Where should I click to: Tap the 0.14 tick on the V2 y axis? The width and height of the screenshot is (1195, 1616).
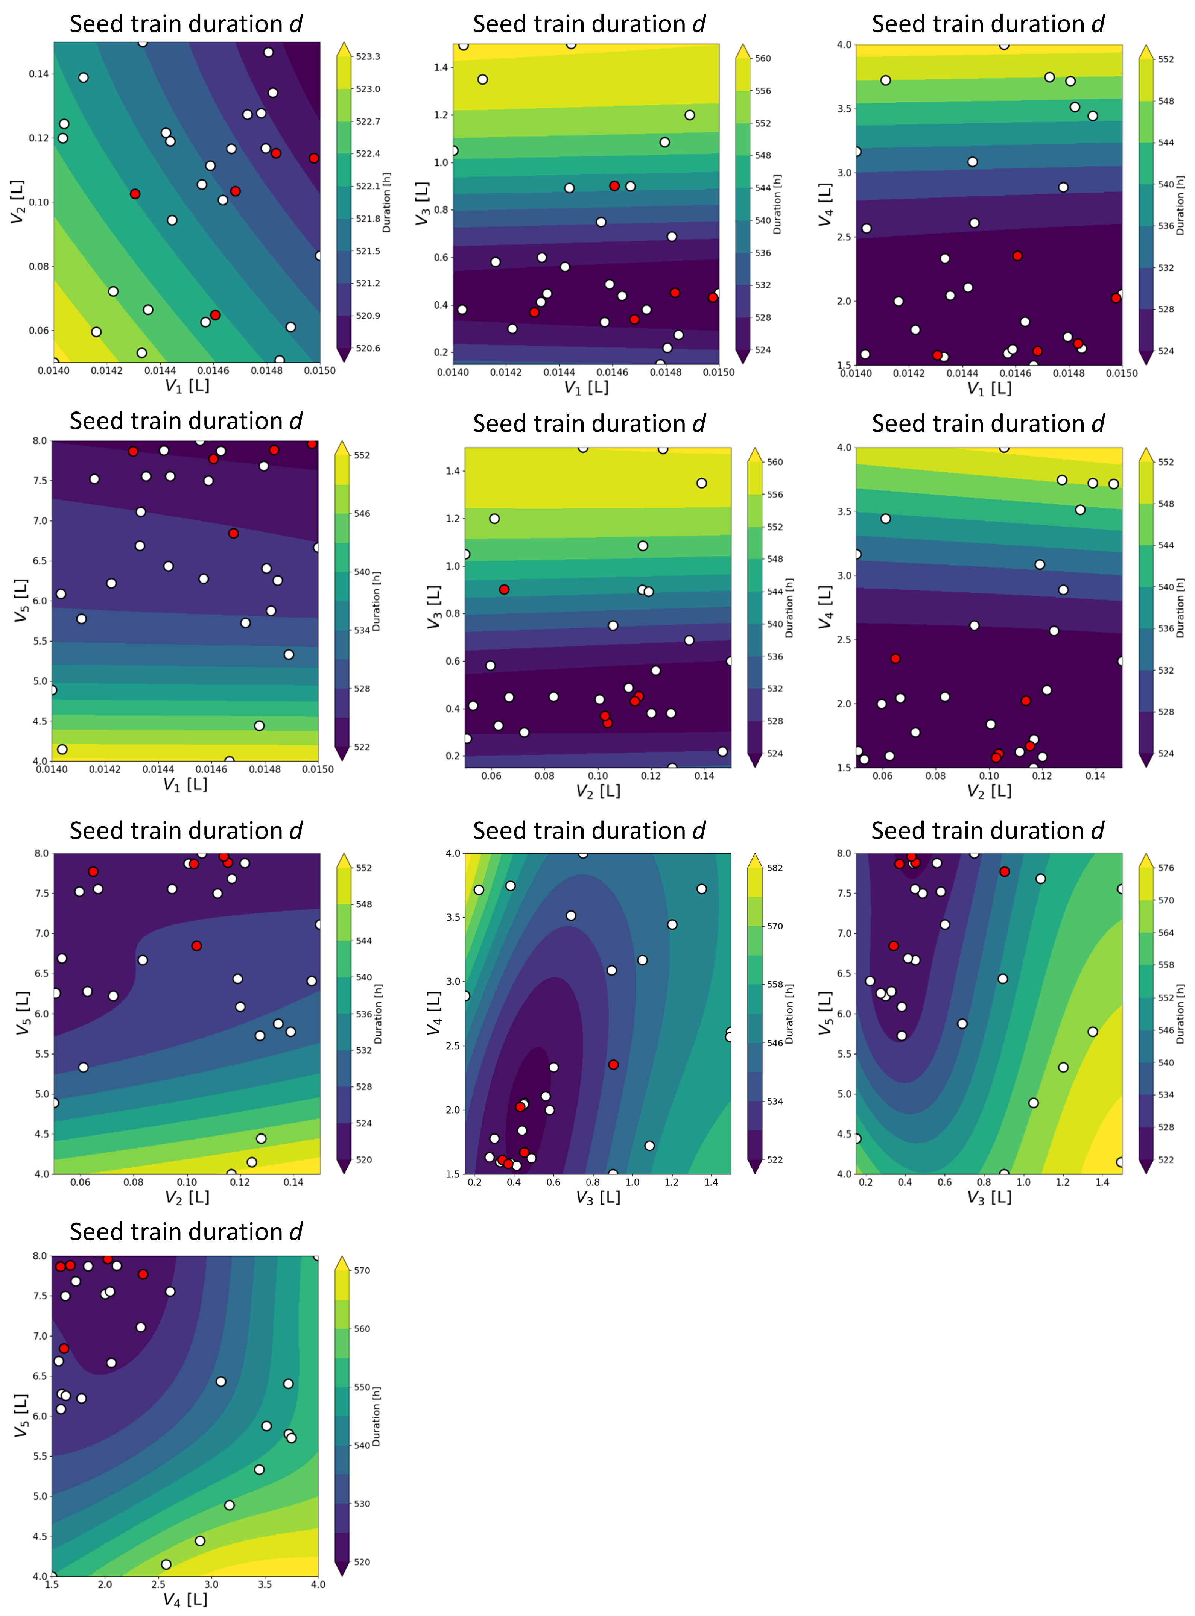(39, 74)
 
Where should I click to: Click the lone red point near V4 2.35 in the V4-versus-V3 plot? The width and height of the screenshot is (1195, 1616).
(613, 1064)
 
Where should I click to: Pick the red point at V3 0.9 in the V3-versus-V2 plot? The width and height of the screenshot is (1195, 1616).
(504, 589)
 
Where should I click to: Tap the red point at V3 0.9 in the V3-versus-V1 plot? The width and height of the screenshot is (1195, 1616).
(614, 186)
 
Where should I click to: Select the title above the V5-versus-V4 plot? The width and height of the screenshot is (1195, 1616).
(186, 1231)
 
